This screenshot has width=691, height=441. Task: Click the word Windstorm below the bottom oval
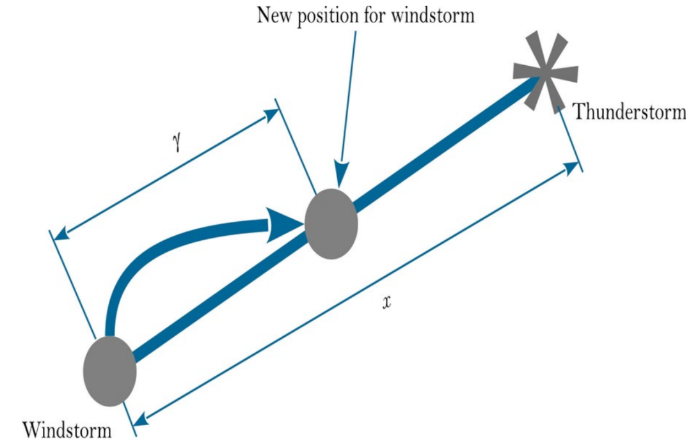pos(67,428)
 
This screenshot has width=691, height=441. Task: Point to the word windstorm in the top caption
pos(435,15)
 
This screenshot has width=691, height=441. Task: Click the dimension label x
pos(386,302)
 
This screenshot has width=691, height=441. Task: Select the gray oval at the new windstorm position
pos(331,224)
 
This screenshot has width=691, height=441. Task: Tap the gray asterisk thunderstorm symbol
pos(546,72)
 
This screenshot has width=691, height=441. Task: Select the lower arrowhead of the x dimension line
pos(141,419)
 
